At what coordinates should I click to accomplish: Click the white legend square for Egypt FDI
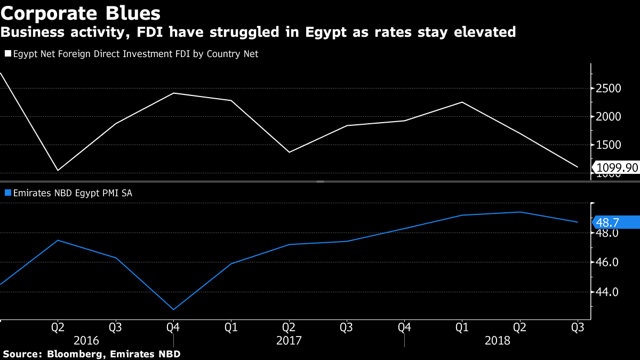7,54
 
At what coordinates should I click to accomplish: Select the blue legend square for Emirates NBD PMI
7,193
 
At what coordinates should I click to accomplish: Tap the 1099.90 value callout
617,167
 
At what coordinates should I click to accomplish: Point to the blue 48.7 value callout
617,222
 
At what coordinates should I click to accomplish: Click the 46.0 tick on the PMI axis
607,262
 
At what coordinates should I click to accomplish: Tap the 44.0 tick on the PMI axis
607,292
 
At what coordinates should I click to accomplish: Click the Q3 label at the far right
577,327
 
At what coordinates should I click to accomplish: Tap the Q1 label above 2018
462,327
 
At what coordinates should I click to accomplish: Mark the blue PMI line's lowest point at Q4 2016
173,309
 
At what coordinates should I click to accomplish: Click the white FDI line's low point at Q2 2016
58,171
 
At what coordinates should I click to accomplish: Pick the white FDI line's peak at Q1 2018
462,102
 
